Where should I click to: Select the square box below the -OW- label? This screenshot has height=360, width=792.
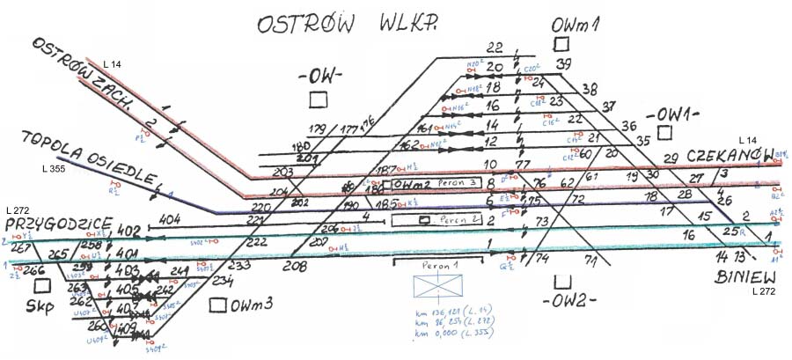[x=319, y=98]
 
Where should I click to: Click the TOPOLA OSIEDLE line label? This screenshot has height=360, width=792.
[x=84, y=157]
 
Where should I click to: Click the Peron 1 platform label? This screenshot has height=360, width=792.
[x=439, y=265]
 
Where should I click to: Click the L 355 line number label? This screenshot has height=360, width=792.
[x=55, y=167]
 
